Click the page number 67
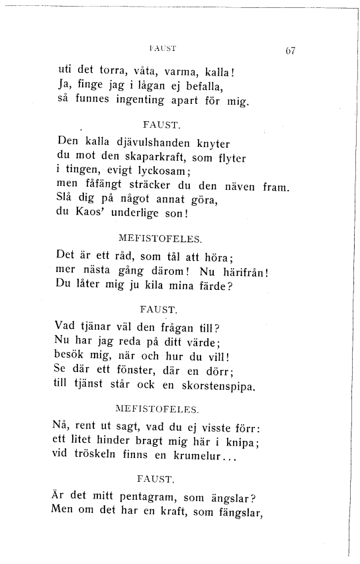[x=289, y=51]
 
